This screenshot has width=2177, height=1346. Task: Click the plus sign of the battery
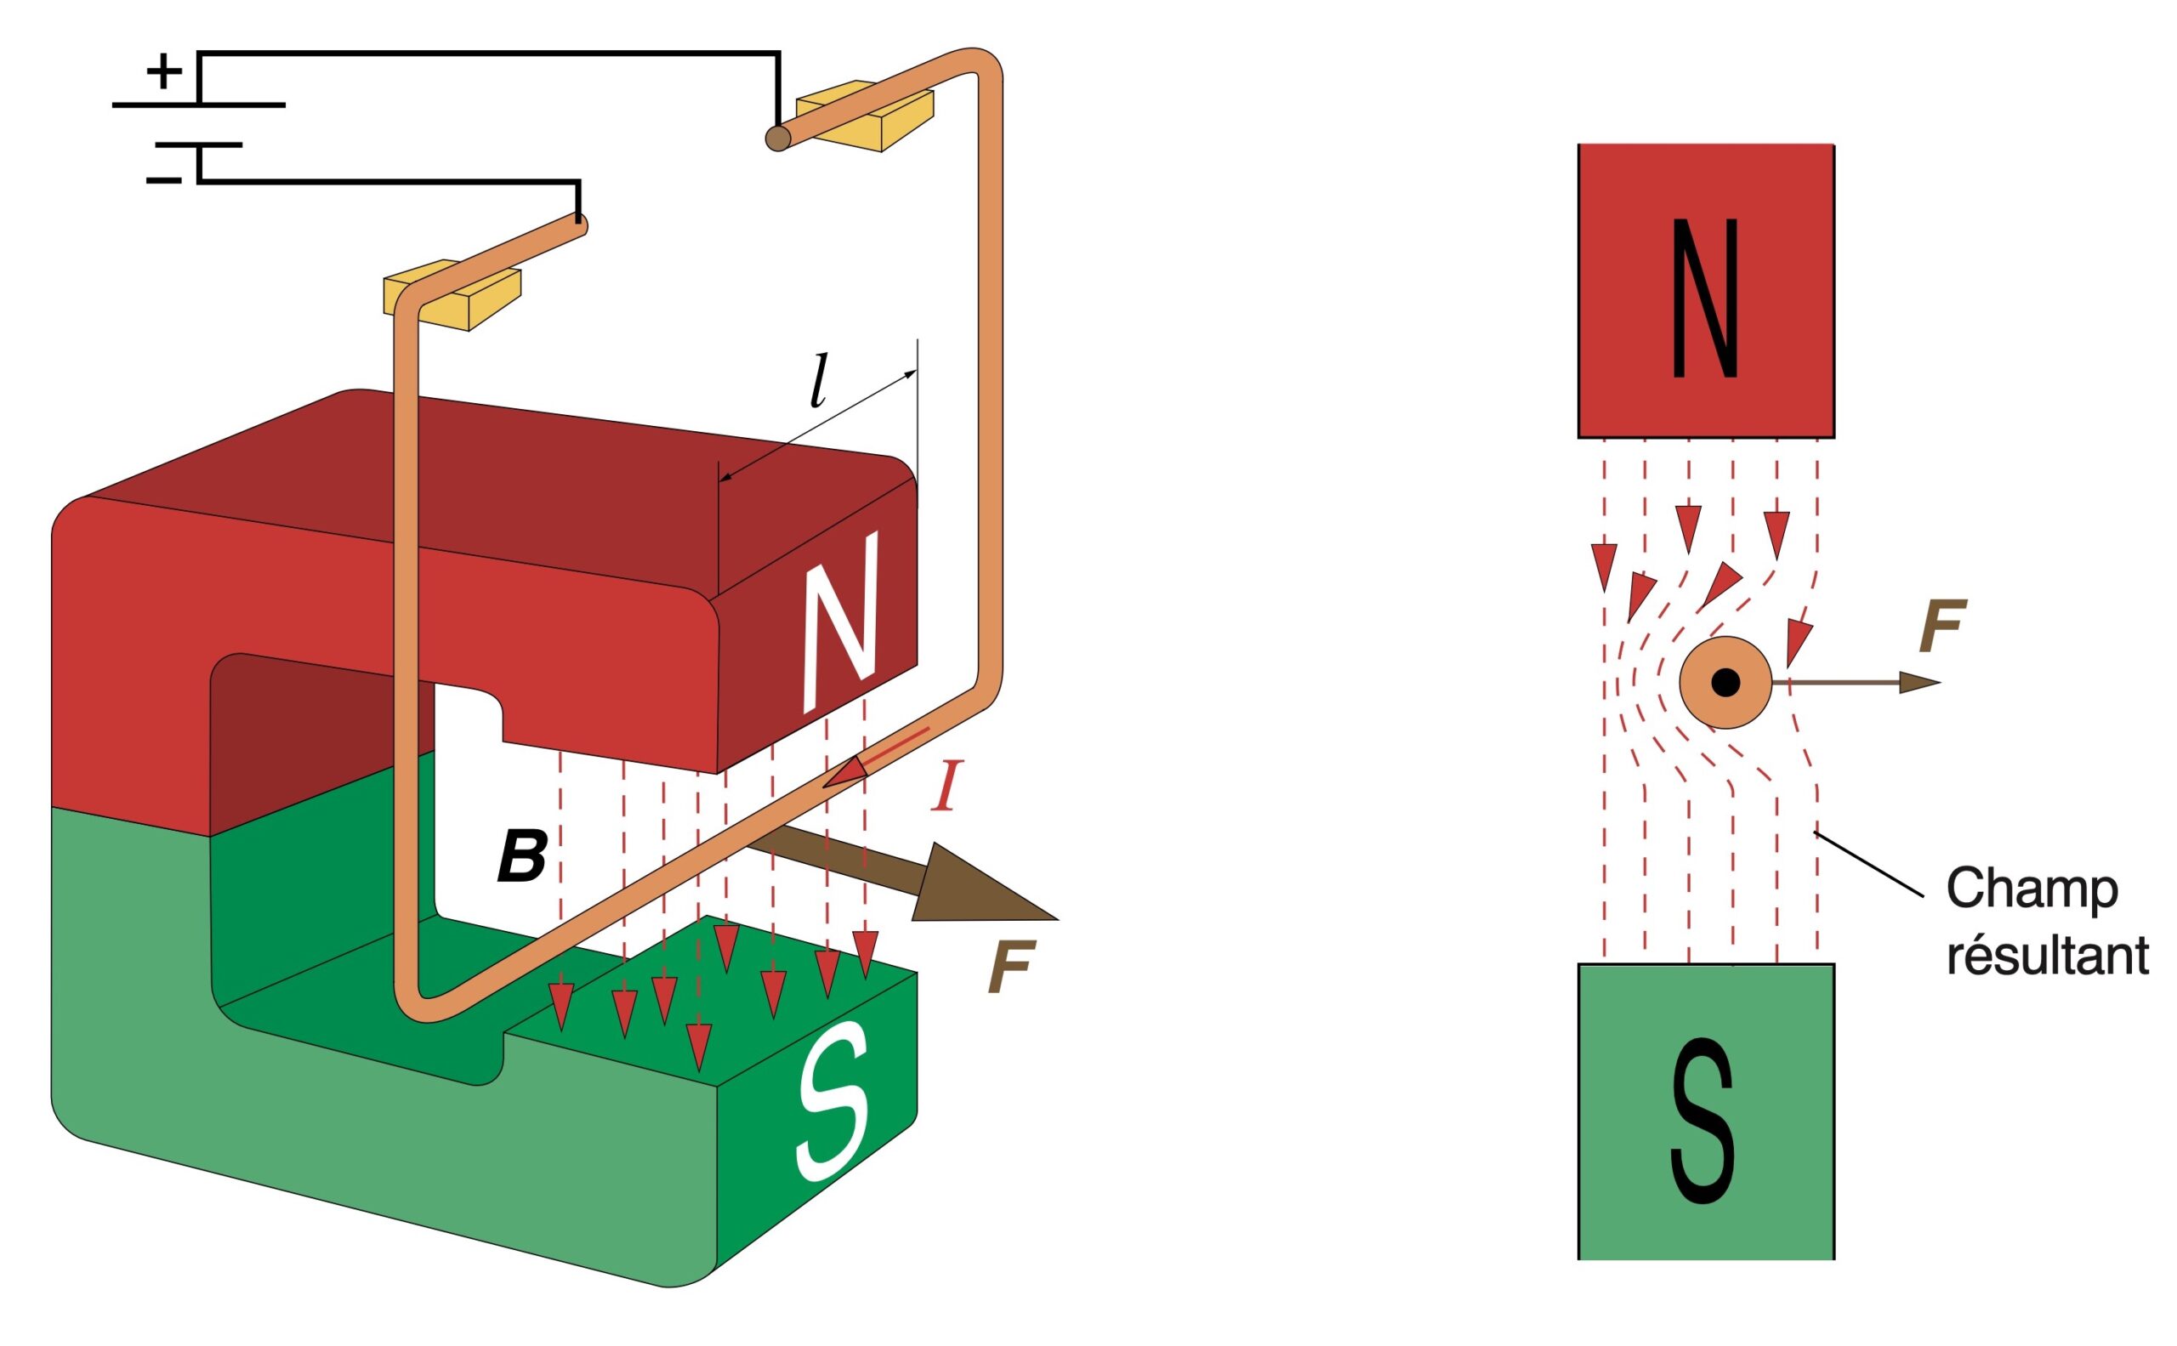click(x=164, y=71)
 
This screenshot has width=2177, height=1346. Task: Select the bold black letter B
click(x=522, y=855)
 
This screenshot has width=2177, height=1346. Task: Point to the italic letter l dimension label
click(x=818, y=380)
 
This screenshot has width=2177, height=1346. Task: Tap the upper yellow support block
click(x=865, y=116)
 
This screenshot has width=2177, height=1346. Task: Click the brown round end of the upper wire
click(x=778, y=138)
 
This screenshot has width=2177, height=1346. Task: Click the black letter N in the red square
click(x=1705, y=298)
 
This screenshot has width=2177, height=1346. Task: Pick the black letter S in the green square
click(x=1702, y=1121)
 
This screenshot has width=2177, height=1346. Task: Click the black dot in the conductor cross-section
click(x=1725, y=683)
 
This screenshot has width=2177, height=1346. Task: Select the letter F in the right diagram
click(x=1942, y=625)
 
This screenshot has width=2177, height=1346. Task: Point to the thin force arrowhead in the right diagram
click(x=1919, y=683)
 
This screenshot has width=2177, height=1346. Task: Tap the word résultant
click(x=2047, y=954)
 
